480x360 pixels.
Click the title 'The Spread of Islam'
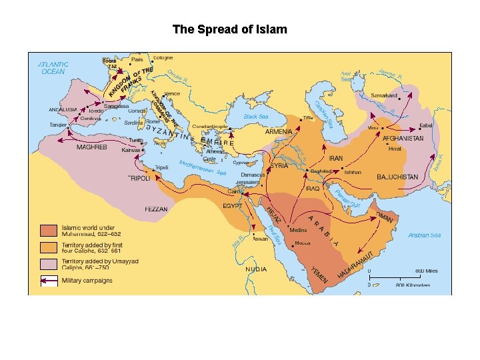[x=229, y=29]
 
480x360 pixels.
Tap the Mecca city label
[x=301, y=243]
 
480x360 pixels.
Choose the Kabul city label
[x=427, y=125]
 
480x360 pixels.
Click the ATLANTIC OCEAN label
[x=53, y=67]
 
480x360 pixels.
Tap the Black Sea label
[x=255, y=116]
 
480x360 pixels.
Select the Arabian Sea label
[x=424, y=235]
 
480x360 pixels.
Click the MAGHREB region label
[x=91, y=147]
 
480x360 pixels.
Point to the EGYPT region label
[x=232, y=207]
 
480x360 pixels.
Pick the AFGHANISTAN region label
[x=403, y=138]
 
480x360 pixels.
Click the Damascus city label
[x=253, y=174]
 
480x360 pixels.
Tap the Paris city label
[x=137, y=59]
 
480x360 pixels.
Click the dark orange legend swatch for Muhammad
[x=49, y=231]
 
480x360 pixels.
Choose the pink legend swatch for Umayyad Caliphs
[x=49, y=264]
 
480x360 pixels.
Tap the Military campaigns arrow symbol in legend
[x=49, y=281]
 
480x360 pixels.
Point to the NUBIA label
[x=255, y=269]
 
